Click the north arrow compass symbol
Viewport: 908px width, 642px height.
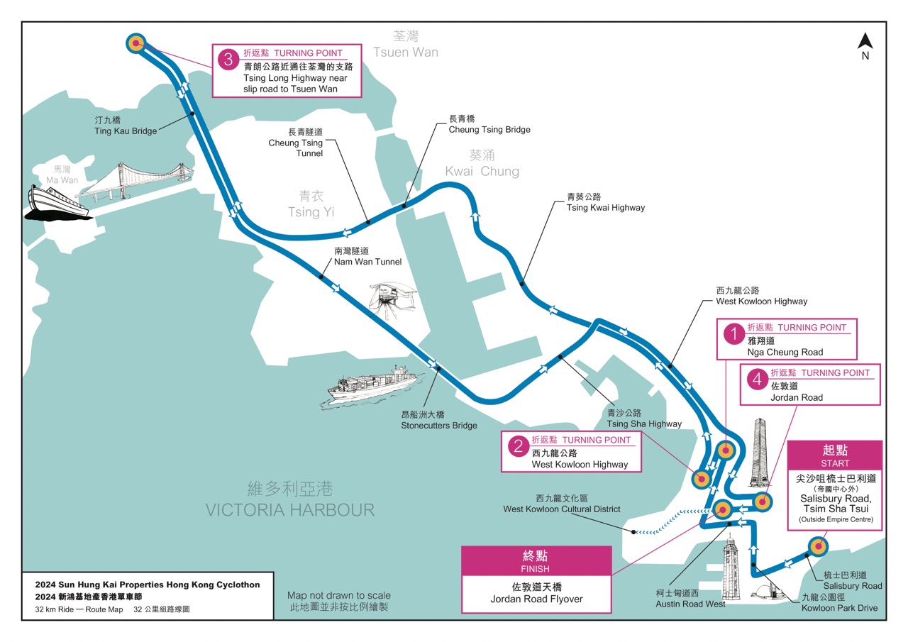coord(865,46)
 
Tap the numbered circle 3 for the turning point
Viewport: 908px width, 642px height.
coord(228,60)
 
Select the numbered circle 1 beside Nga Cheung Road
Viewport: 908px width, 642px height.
coord(734,333)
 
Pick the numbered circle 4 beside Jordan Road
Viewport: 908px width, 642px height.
coord(758,380)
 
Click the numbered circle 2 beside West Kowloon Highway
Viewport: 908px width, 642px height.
coord(519,445)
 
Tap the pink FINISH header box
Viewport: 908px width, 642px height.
coord(536,560)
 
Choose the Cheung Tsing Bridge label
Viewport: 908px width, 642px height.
coord(489,124)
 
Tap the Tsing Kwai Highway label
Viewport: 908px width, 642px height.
coord(605,202)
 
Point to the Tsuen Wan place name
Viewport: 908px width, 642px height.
coord(405,45)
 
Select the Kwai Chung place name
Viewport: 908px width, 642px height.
coord(482,163)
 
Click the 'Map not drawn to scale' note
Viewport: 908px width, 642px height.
coord(338,602)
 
